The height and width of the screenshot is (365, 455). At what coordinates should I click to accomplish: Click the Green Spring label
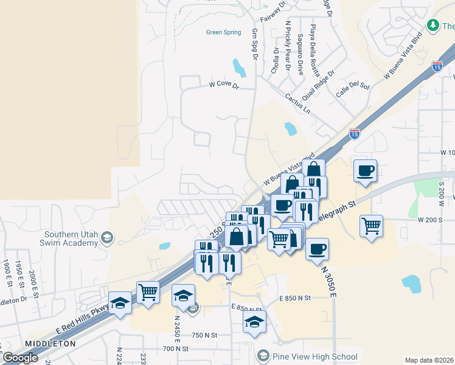point(223,32)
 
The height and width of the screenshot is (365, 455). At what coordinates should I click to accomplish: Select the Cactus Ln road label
point(298,103)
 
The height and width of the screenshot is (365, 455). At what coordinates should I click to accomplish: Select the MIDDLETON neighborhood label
point(50,344)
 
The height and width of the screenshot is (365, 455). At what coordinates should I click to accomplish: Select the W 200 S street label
point(430,219)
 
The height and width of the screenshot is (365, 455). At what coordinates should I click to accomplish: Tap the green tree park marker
point(432,26)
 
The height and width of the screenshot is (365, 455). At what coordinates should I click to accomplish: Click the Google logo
point(21,358)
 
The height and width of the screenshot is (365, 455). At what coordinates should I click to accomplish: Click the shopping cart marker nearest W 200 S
point(371,227)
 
